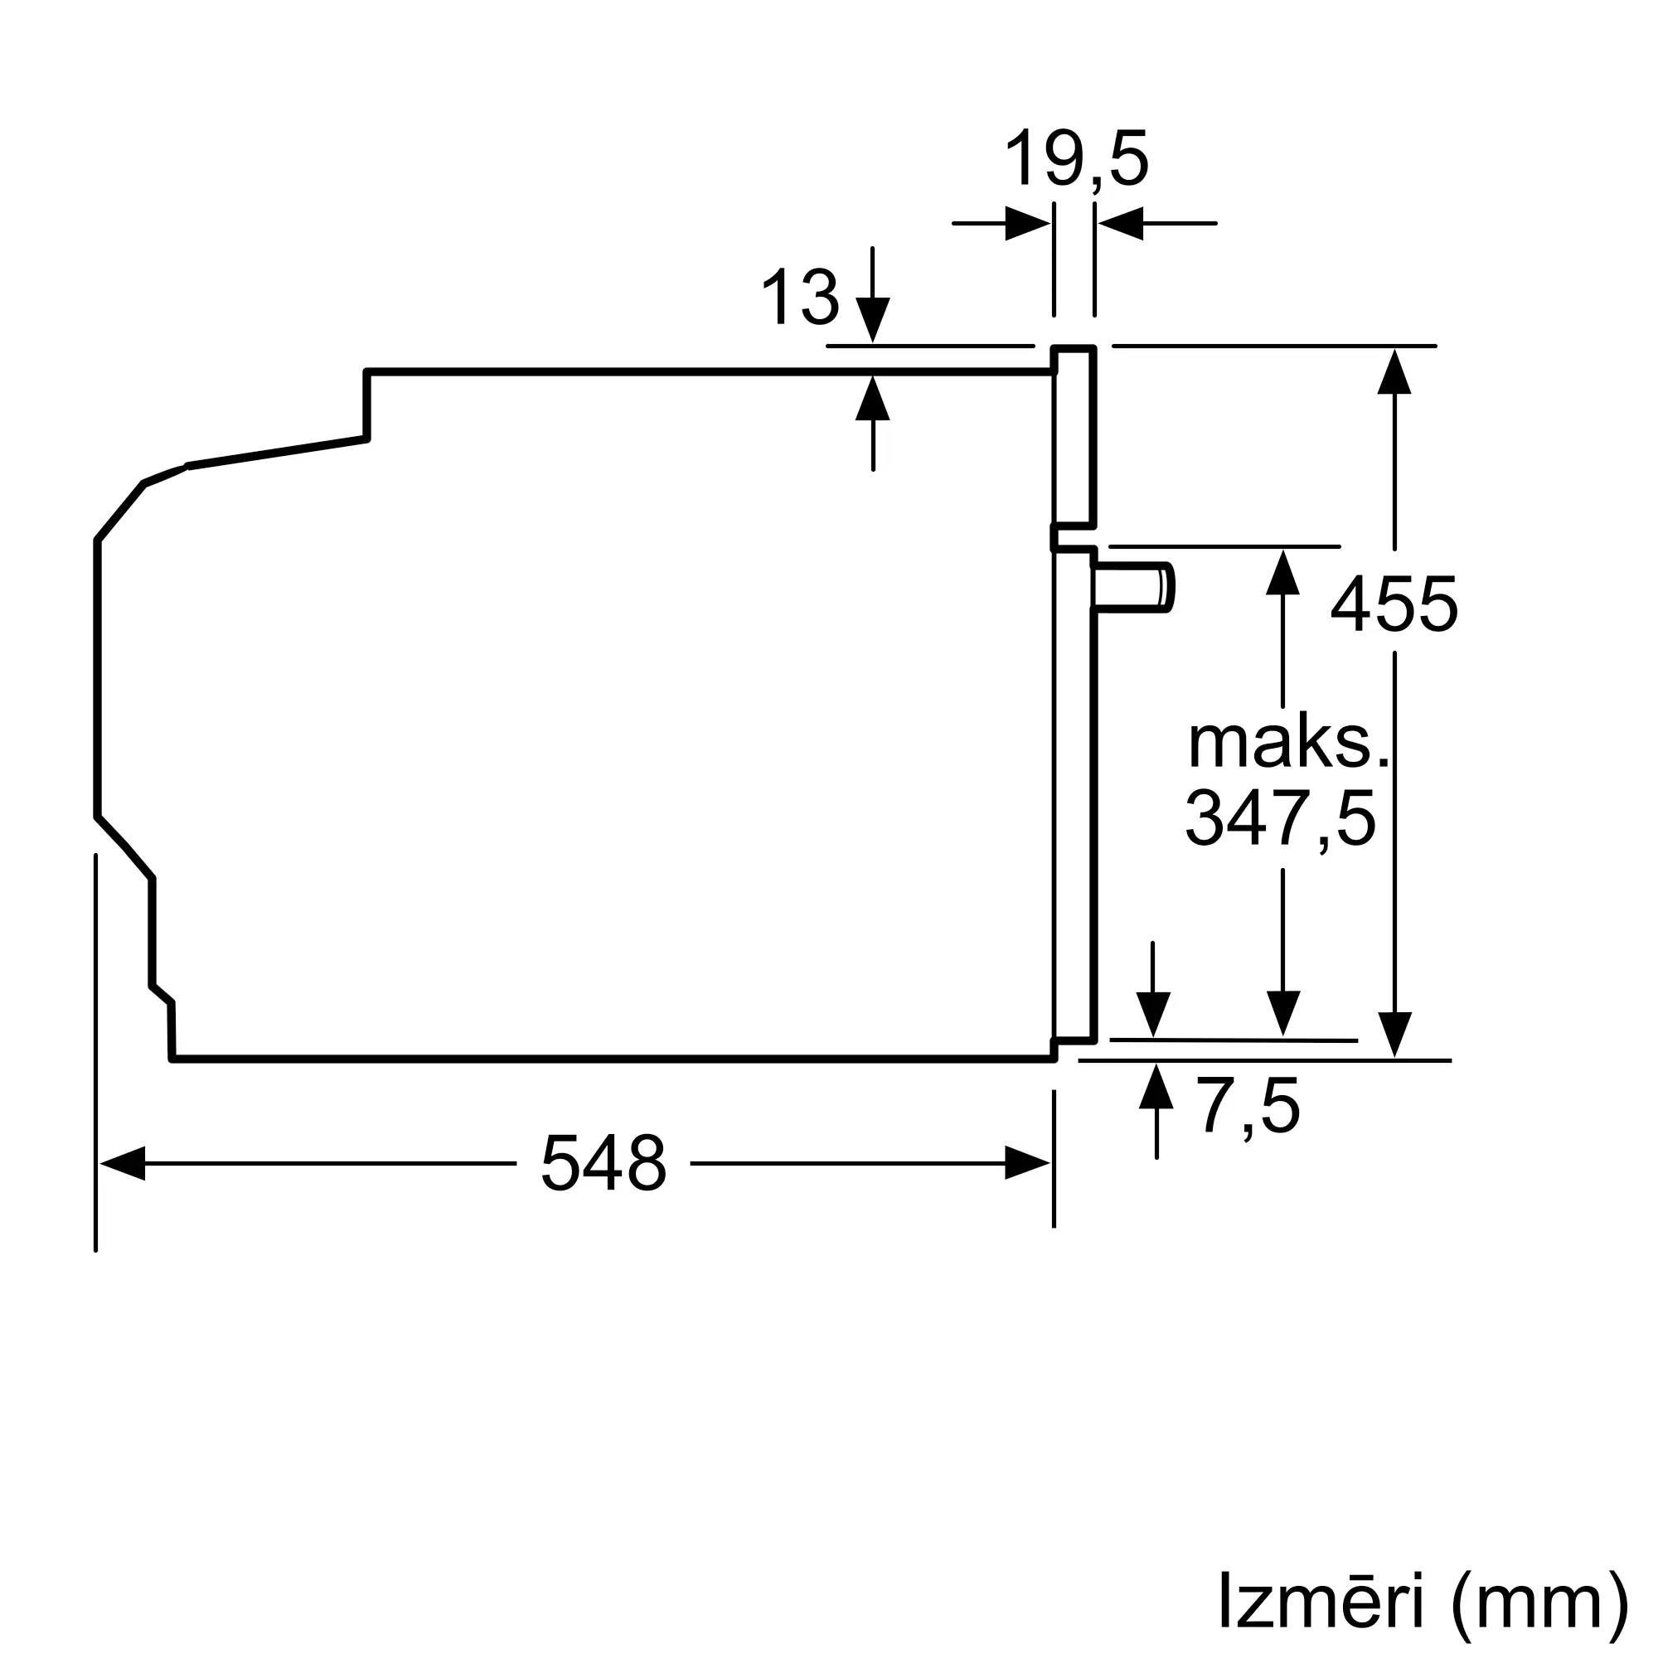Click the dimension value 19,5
tap(1076, 159)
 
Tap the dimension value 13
tap(800, 297)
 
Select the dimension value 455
tap(1394, 605)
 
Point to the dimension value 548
tap(604, 1163)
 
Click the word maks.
tap(1287, 742)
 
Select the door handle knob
tap(1132, 588)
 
